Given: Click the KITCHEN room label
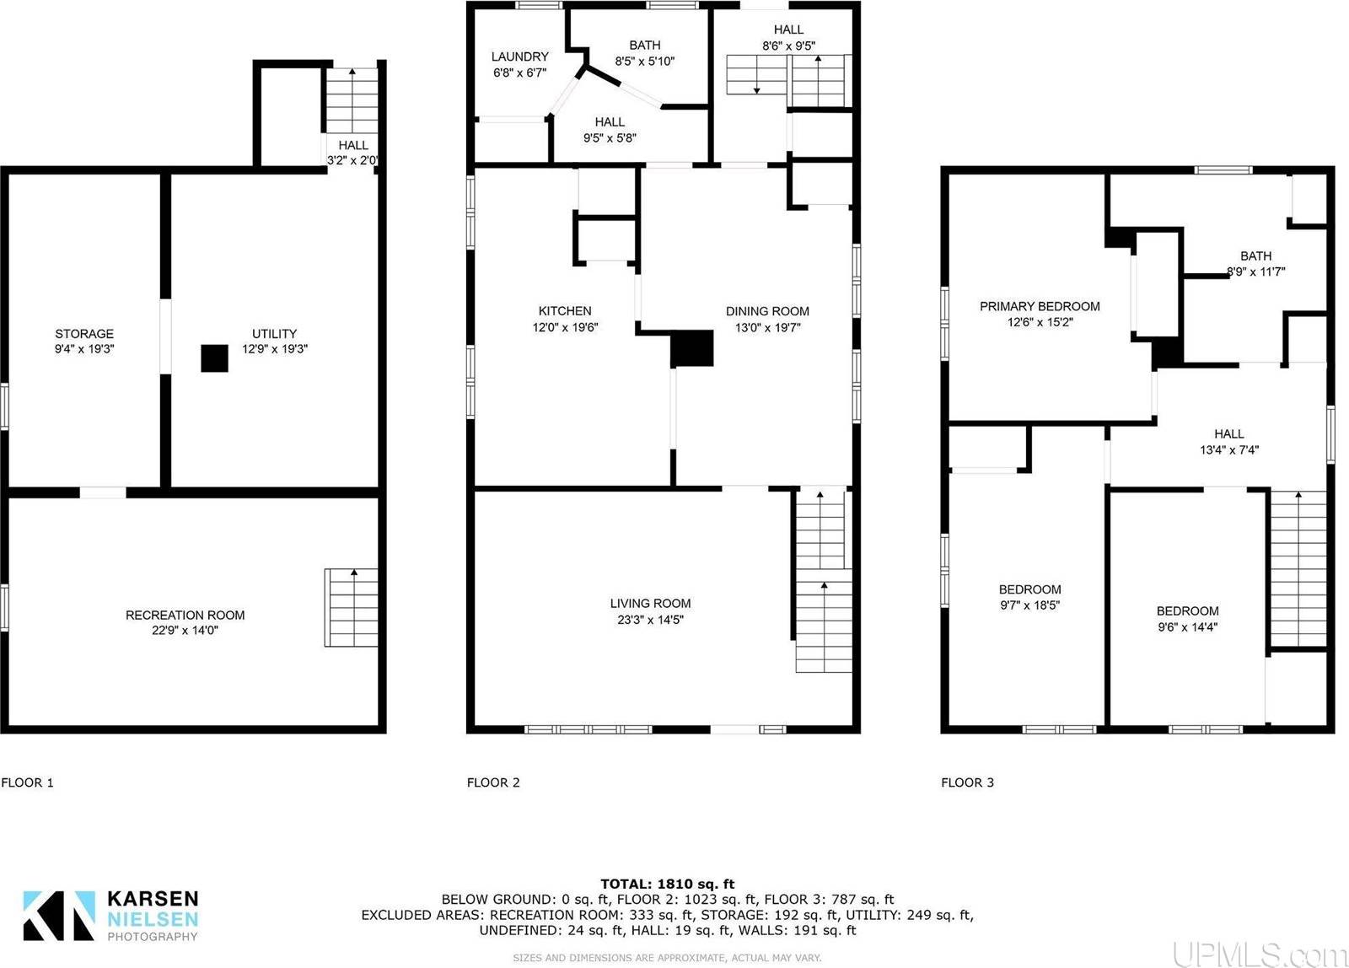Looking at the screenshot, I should (x=565, y=311).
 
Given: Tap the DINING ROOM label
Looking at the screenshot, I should (x=767, y=311).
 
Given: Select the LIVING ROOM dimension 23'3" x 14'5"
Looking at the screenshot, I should (x=650, y=620).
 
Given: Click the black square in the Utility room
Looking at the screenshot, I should (x=214, y=358).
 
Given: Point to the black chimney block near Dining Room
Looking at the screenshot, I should (x=692, y=348).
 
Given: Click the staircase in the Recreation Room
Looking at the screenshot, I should (x=351, y=608).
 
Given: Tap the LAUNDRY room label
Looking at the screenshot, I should (x=519, y=57).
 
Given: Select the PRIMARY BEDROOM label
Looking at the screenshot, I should (x=1040, y=306).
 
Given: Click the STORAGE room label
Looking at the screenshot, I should (x=84, y=334).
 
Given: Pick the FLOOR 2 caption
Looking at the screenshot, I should (x=493, y=782).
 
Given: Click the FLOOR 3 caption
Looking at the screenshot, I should (x=967, y=782).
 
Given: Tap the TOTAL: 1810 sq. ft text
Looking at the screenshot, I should (x=667, y=884).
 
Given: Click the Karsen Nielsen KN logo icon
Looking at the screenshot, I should (x=58, y=916).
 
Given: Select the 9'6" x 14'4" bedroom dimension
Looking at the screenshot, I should (x=1187, y=627).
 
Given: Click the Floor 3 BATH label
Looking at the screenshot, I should (x=1255, y=255).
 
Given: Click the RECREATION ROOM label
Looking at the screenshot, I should (x=185, y=615).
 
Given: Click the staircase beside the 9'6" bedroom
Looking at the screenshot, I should (x=1298, y=569).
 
